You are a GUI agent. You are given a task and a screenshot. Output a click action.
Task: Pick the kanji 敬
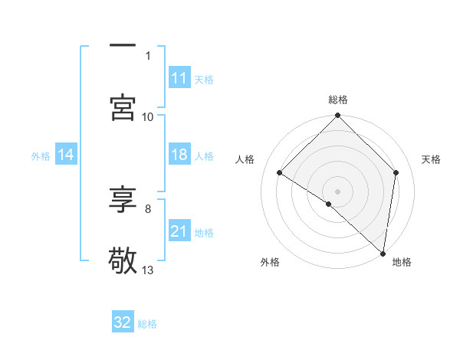123,261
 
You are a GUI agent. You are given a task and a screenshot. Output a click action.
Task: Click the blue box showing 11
179,78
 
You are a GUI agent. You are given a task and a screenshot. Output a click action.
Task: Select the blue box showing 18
179,155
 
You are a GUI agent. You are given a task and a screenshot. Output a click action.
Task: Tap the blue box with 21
179,231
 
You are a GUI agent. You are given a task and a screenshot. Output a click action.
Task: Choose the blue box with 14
66,155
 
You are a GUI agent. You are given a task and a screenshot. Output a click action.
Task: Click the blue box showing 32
123,322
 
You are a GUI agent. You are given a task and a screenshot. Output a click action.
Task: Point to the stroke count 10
148,116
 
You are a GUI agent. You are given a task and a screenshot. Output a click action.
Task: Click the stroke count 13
148,270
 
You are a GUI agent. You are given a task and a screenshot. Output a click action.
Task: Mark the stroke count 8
148,208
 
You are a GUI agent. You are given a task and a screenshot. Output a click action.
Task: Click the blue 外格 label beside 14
41,155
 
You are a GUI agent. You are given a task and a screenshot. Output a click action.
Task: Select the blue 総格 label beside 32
147,323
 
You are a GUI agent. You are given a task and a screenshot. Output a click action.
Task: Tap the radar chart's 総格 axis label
338,100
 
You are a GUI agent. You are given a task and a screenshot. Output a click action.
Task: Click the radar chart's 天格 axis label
432,159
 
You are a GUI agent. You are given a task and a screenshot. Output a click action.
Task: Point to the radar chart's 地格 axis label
402,262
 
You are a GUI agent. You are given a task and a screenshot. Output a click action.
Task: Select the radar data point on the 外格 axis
329,204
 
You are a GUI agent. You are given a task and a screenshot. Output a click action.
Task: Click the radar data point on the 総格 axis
338,116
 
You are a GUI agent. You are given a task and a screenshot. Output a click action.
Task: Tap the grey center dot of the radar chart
338,191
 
